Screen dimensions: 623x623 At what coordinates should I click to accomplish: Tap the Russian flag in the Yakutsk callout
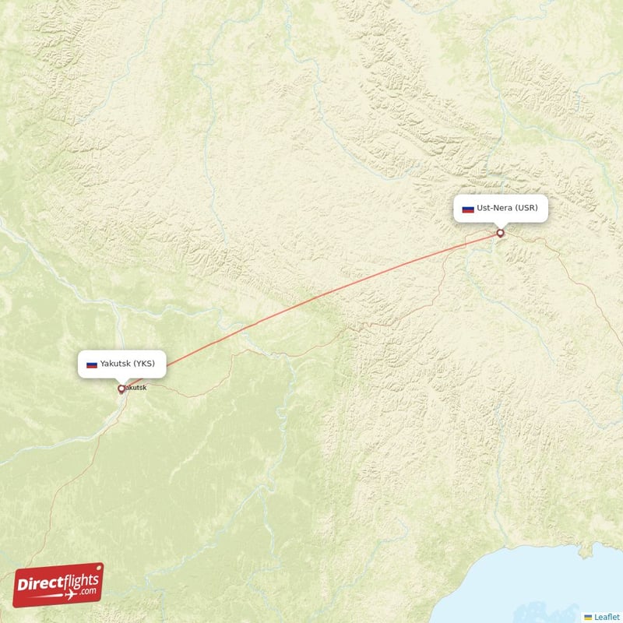point(91,364)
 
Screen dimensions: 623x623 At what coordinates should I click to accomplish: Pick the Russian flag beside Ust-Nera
point(468,209)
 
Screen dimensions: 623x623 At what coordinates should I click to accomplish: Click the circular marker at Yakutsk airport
point(121,389)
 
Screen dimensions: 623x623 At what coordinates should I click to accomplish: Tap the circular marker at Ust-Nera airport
point(500,233)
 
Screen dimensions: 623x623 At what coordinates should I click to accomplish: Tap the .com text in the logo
point(87,592)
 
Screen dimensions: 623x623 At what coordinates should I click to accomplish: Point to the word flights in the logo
point(78,579)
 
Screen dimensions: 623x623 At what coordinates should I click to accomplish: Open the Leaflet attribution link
point(607,617)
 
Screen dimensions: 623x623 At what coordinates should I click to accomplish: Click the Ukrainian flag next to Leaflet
point(588,617)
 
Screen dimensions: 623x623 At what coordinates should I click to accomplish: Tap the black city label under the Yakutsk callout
point(135,388)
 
